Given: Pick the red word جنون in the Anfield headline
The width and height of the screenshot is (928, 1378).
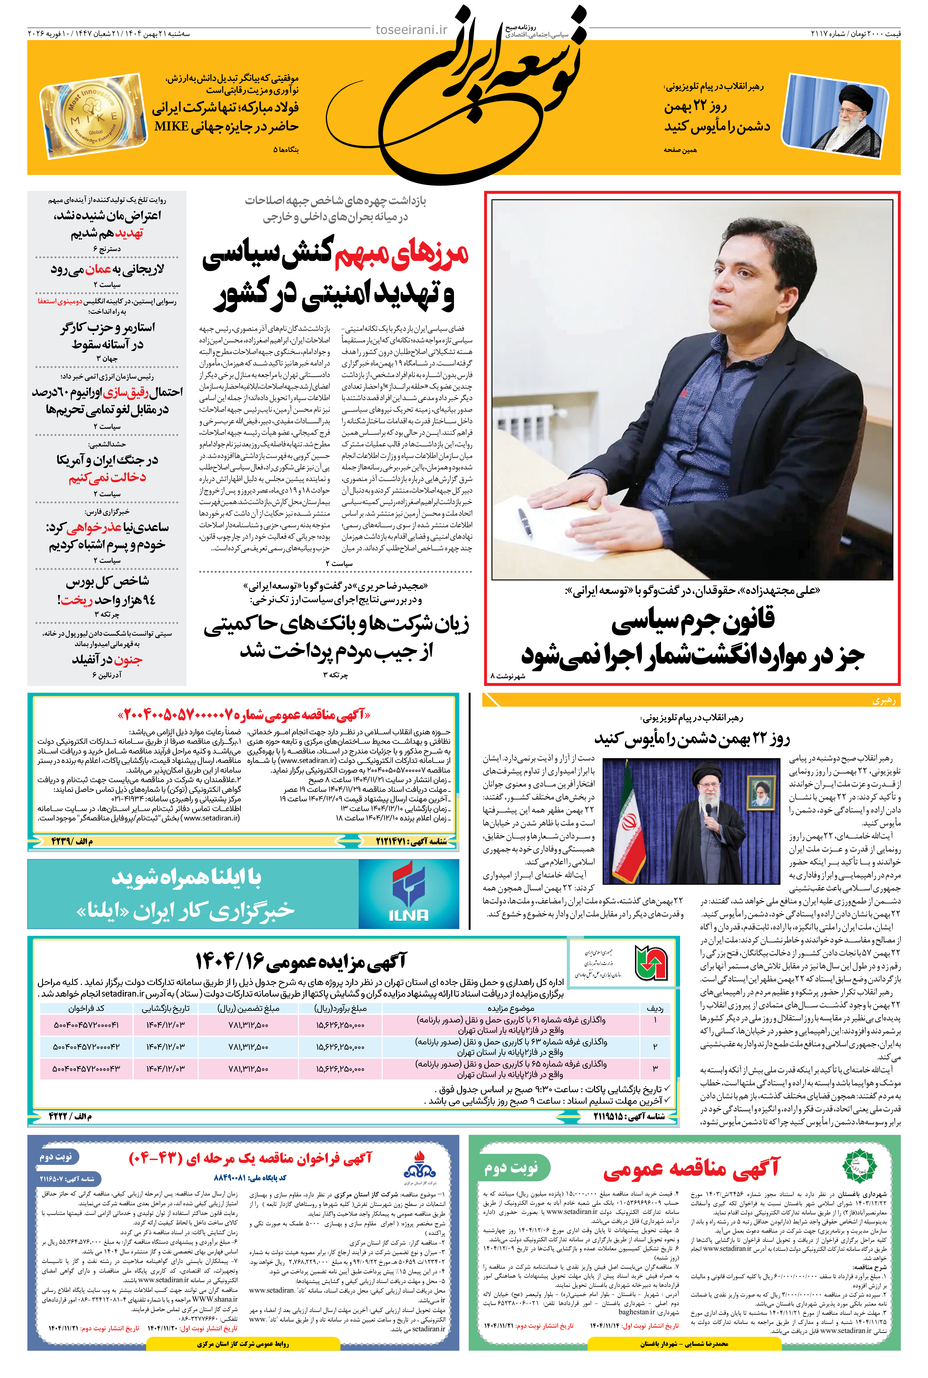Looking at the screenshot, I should pos(128,659).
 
